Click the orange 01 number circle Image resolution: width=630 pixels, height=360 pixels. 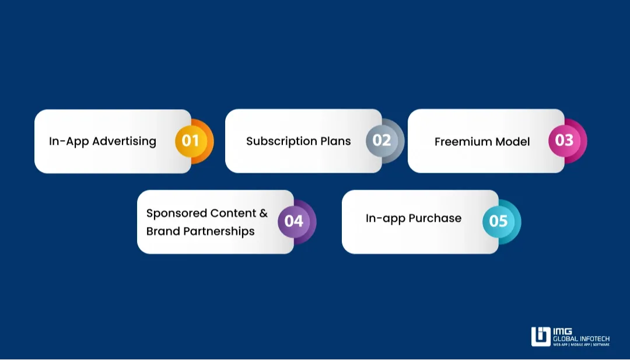click(191, 141)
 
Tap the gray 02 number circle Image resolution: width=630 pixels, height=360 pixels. click(381, 141)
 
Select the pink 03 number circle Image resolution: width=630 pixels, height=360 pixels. click(564, 141)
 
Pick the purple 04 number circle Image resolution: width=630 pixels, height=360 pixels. click(293, 221)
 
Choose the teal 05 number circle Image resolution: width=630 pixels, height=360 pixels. click(498, 221)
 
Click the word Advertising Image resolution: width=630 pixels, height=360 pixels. click(124, 141)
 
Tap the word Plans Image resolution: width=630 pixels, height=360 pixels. click(335, 141)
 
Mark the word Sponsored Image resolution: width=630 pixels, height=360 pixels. click(177, 213)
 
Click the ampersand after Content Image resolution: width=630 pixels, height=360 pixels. click(264, 213)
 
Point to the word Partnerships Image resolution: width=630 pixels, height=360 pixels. click(219, 231)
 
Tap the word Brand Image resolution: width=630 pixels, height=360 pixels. click(163, 231)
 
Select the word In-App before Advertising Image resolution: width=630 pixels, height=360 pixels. click(69, 141)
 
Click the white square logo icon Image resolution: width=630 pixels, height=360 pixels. click(541, 337)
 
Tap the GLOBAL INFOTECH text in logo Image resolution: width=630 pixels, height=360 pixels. click(581, 338)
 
